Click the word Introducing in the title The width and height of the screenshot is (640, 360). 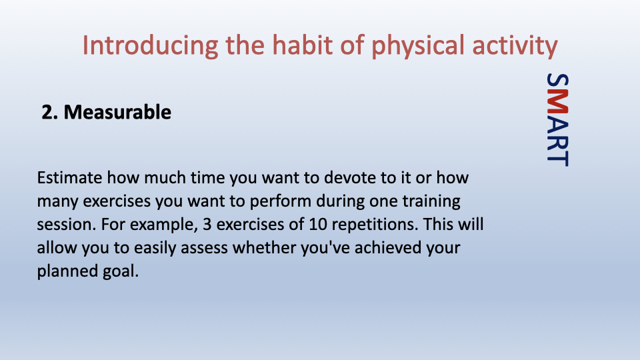150,45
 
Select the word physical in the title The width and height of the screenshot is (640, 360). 417,46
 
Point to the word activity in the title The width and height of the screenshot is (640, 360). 515,46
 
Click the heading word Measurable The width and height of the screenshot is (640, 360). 117,112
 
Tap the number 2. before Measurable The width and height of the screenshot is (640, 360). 50,112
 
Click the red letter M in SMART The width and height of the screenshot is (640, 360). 557,101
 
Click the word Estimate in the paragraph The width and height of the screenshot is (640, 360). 70,178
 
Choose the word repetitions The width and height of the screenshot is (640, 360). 375,225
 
